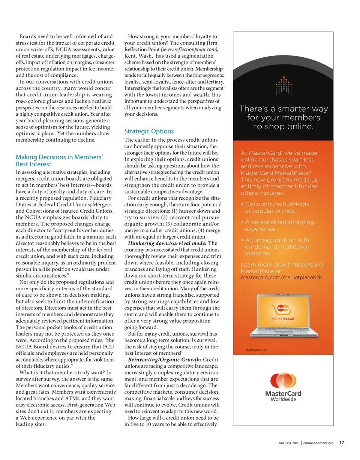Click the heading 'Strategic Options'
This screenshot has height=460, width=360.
coord(149,131)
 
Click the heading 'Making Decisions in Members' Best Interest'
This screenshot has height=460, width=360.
coord(59,161)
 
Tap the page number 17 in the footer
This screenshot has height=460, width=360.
coord(342,443)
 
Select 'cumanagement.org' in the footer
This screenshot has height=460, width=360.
coord(318,443)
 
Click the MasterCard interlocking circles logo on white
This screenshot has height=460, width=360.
coord(283,381)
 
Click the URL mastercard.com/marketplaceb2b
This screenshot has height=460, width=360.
coord(281,278)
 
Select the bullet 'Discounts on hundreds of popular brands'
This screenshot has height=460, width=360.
coord(277,208)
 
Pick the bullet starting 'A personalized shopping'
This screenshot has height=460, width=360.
coord(279,225)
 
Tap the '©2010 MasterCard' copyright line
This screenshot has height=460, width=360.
coord(256,350)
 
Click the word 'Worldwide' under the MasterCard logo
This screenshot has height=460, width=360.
coord(283,399)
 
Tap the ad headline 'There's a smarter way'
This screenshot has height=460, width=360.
coord(283,109)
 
